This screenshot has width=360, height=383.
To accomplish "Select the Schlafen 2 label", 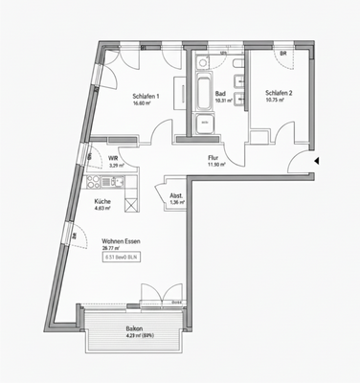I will (x=279, y=93).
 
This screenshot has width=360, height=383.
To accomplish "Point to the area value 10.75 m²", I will (x=279, y=101).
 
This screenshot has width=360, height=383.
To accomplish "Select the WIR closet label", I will (x=113, y=159).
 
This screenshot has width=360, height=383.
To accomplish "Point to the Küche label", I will (x=102, y=201).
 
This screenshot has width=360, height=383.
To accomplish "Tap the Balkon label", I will (x=134, y=328).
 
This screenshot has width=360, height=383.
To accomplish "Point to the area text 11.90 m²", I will (x=214, y=166).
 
